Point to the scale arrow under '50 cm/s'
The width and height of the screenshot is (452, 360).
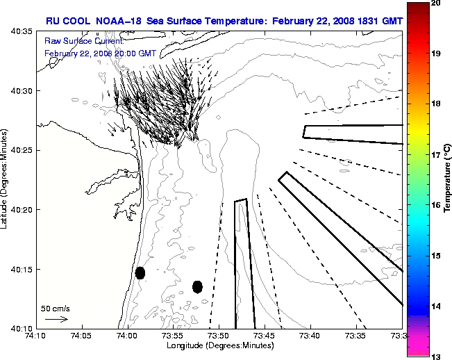pos(56,319)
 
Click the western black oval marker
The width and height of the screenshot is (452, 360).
pos(140,273)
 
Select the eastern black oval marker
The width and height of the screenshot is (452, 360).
pos(198,286)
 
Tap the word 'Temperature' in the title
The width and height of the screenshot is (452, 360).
pos(231,21)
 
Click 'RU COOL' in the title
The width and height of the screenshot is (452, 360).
pos(64,21)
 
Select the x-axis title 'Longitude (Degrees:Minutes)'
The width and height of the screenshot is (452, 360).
pos(218,345)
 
